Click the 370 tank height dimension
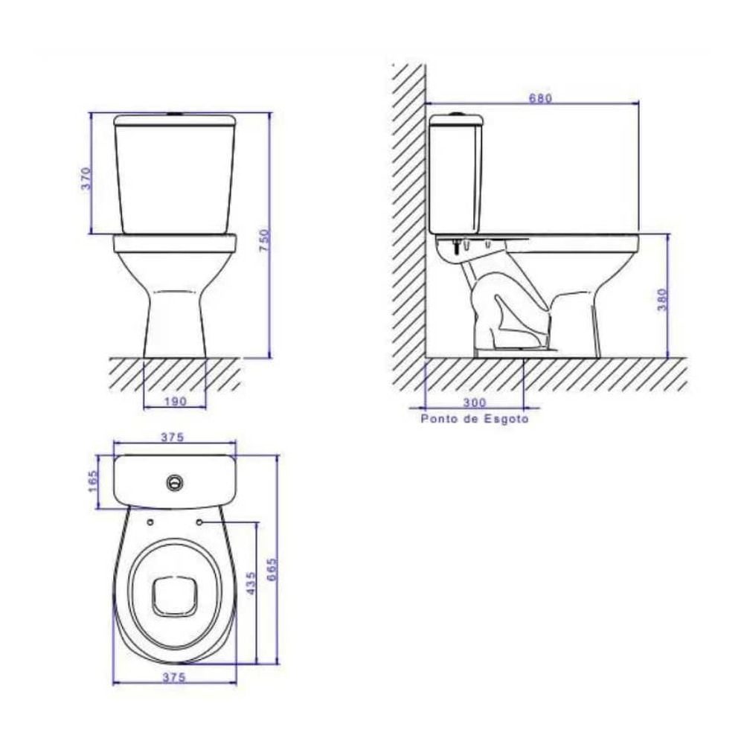(86, 178)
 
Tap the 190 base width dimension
(174, 401)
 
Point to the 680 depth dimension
(539, 98)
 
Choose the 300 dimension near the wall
(474, 402)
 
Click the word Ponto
(438, 419)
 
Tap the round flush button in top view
(175, 481)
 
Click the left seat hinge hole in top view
(151, 522)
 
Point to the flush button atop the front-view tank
(176, 115)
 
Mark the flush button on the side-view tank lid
(456, 115)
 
